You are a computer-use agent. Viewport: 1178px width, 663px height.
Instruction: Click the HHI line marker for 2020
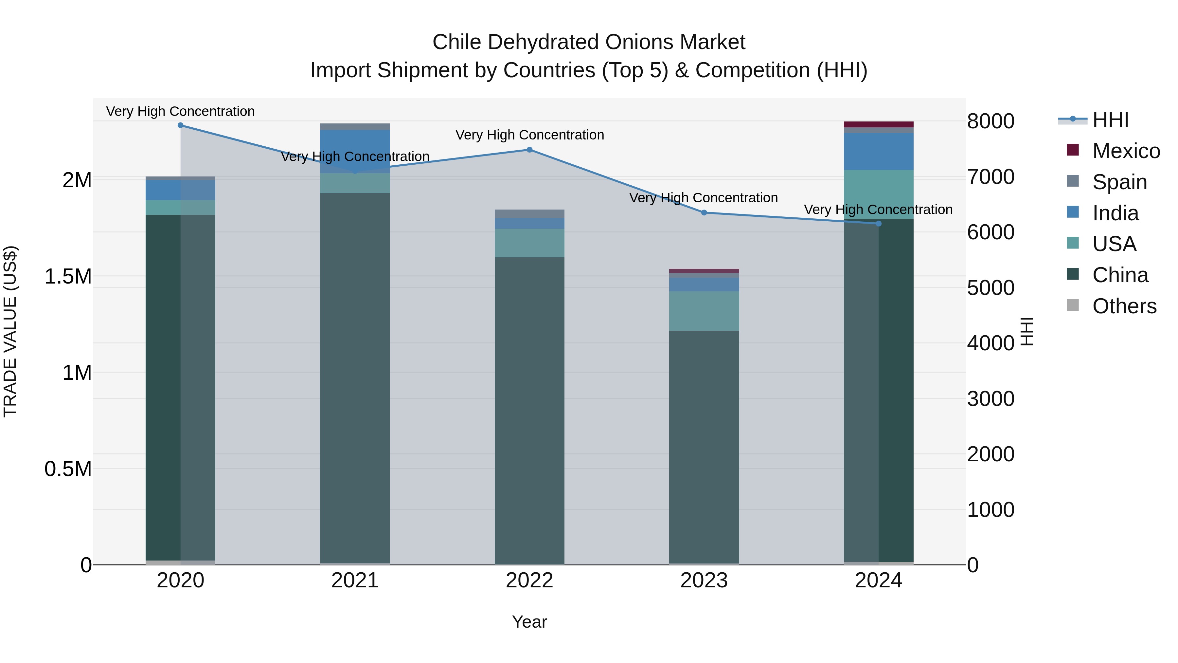click(180, 125)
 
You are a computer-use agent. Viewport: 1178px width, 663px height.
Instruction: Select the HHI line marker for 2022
click(529, 150)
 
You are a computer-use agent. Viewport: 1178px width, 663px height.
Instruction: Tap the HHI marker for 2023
click(704, 213)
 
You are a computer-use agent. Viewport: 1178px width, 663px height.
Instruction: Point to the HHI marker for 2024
click(879, 224)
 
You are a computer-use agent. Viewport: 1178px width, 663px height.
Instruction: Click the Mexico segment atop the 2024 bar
click(879, 124)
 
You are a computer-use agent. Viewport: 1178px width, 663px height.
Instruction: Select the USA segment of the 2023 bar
click(704, 311)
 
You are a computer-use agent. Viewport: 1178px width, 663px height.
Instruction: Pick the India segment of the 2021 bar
click(355, 151)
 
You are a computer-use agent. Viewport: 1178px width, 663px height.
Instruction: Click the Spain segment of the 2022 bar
click(529, 214)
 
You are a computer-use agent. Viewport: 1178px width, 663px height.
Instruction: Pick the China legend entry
click(1120, 275)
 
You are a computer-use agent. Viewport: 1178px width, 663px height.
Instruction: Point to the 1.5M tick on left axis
click(68, 276)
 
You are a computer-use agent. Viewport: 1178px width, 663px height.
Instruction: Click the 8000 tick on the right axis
click(991, 121)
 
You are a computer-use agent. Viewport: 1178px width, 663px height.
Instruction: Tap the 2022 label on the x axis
click(529, 580)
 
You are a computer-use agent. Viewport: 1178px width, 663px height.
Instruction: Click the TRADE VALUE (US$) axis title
click(10, 331)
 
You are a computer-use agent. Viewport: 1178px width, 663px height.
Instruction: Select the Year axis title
click(529, 622)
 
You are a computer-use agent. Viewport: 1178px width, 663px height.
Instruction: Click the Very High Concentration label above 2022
click(529, 135)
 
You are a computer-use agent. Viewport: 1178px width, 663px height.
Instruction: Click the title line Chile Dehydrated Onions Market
click(589, 42)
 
